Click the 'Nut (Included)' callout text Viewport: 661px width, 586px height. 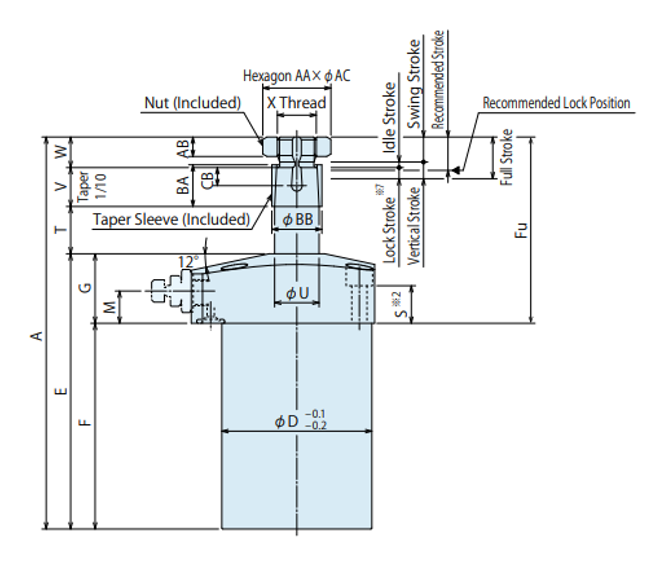coord(192,103)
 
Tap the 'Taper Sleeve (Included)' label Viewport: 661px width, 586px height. coord(171,219)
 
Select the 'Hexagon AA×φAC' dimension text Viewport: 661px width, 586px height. coord(296,76)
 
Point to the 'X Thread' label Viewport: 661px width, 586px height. coord(296,103)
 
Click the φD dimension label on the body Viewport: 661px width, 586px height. coord(286,421)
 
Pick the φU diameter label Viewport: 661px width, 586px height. coord(297,293)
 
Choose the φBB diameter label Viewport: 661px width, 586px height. coord(297,219)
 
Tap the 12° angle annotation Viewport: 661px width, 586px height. coord(188,262)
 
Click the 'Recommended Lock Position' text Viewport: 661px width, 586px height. coord(556,103)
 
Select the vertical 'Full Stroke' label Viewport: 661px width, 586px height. coord(507,157)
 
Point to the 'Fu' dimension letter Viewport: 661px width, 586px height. coord(521,230)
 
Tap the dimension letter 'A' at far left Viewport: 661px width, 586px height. coord(37,336)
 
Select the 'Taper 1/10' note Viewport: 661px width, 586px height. coord(91,187)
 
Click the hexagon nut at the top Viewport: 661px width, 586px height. coord(297,146)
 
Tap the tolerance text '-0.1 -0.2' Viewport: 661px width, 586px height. coord(315,420)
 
